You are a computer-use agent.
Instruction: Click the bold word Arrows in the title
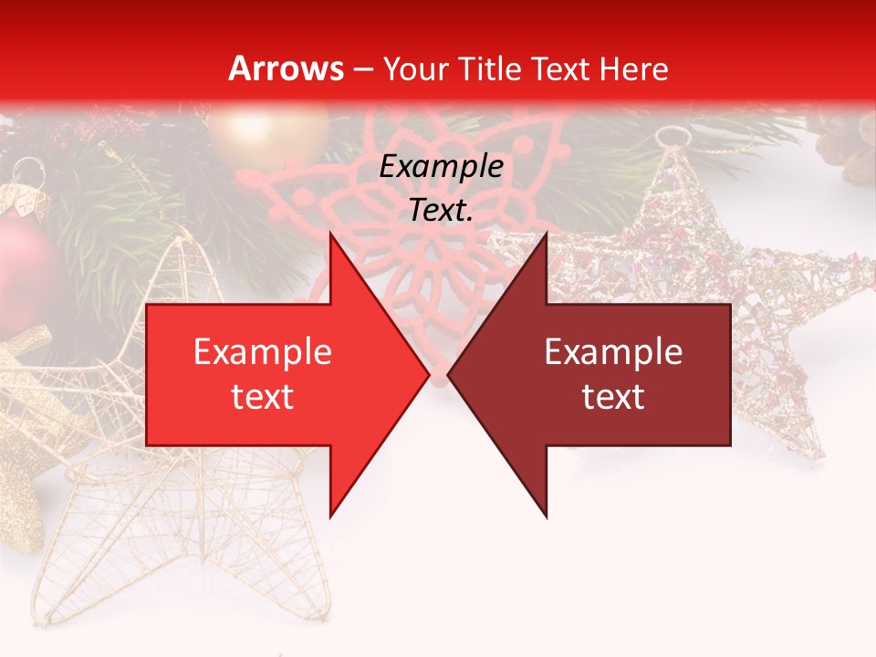[x=287, y=68]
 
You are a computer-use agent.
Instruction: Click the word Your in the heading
[x=416, y=69]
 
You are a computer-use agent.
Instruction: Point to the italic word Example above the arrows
[x=441, y=167]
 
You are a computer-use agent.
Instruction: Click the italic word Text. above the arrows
[x=441, y=211]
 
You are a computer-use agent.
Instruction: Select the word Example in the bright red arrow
[x=263, y=352]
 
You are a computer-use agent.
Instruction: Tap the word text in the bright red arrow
[x=263, y=397]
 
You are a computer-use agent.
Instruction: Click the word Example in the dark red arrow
[x=613, y=352]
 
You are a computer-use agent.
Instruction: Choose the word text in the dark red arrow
[x=613, y=397]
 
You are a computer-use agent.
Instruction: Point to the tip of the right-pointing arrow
[x=428, y=374]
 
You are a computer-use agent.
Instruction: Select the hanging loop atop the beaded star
[x=673, y=136]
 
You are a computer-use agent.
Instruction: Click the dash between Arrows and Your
[x=362, y=69]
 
